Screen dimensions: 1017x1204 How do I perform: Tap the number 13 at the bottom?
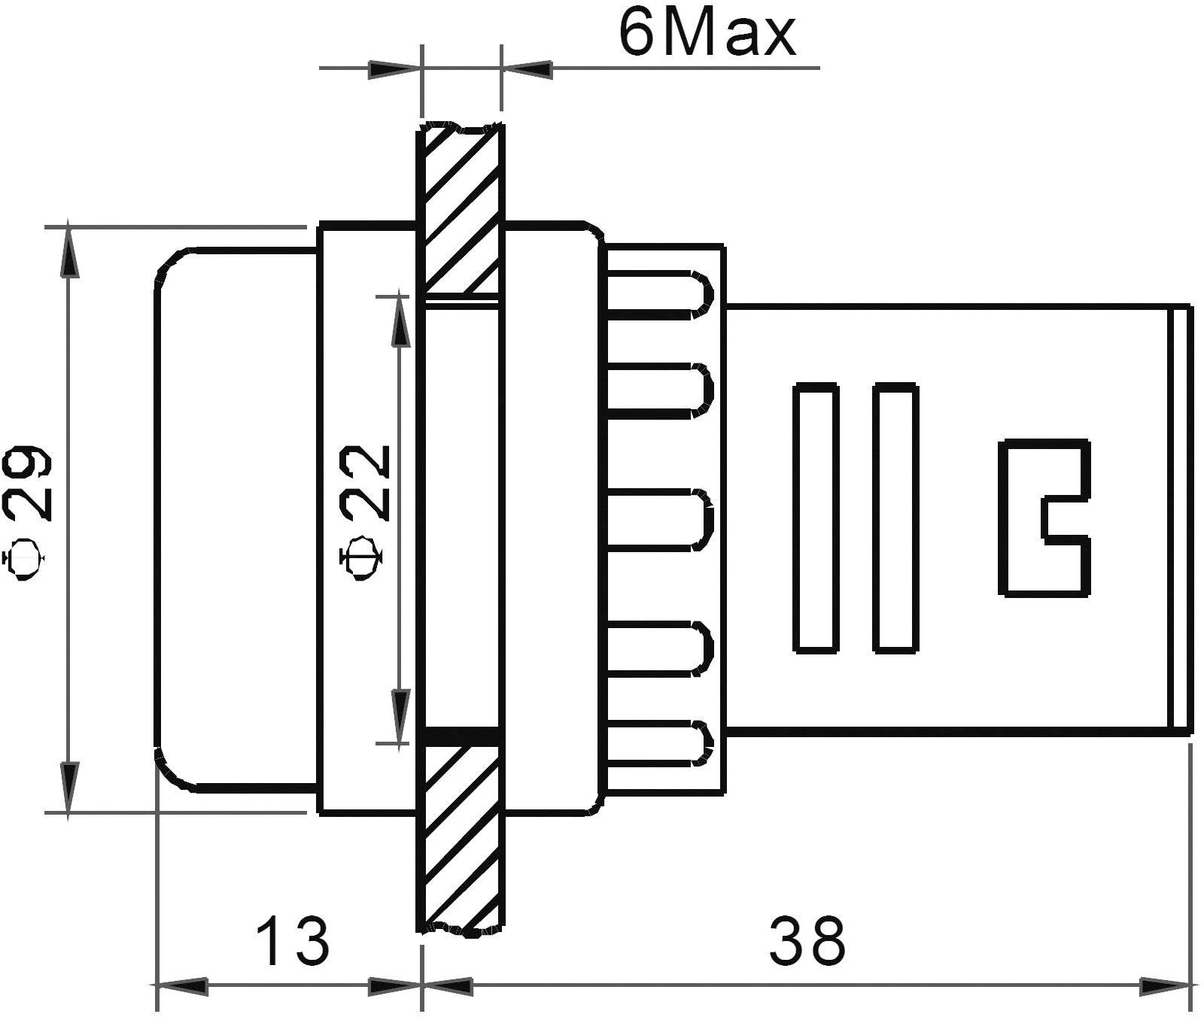(292, 941)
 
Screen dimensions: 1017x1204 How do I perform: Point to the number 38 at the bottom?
(807, 941)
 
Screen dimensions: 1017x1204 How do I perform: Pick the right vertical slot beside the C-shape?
(895, 518)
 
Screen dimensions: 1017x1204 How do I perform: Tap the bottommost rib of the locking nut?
(658, 743)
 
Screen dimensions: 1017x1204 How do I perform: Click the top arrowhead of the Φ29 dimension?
(69, 252)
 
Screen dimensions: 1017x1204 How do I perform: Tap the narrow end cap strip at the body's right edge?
(1182, 518)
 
